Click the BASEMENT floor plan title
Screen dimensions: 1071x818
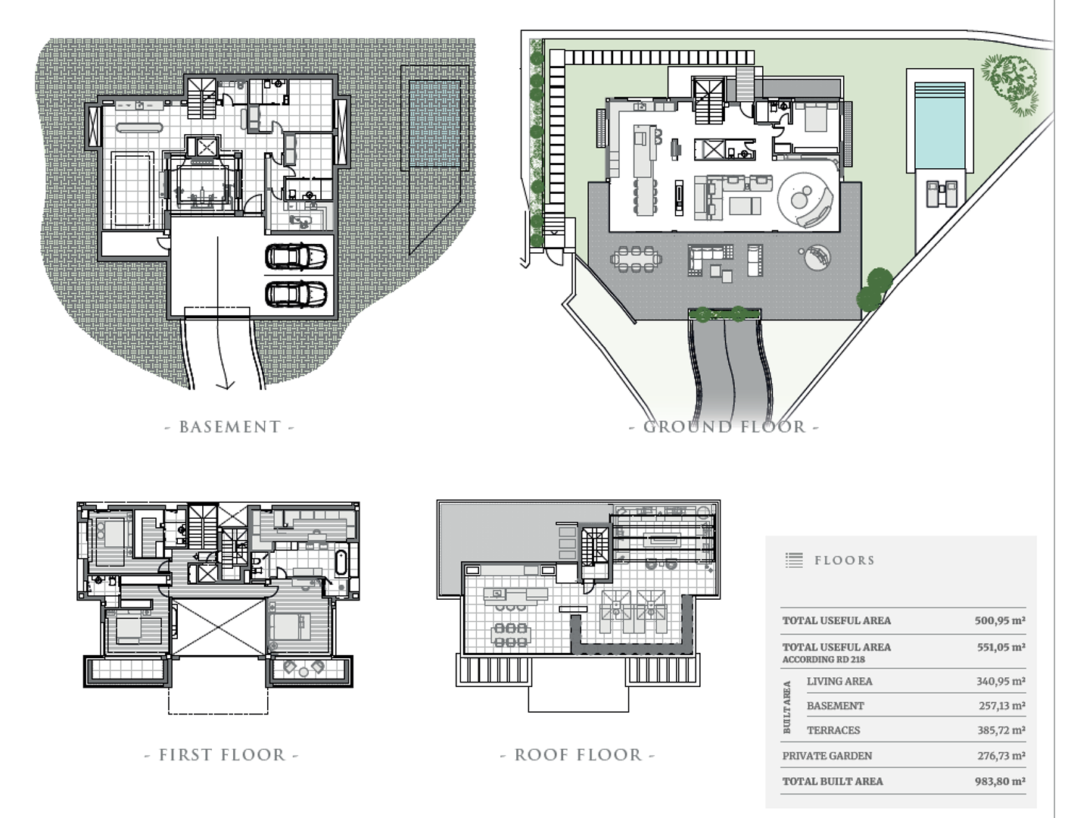[229, 427]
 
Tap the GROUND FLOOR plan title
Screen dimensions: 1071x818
[724, 427]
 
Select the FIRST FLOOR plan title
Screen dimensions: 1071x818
[222, 755]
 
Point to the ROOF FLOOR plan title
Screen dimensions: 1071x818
[578, 755]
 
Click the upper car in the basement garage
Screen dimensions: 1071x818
[296, 256]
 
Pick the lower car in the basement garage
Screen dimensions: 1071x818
[296, 294]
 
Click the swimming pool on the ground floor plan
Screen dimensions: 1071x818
[939, 126]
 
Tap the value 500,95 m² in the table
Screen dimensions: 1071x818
[1000, 620]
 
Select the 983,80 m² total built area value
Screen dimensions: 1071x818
[1000, 781]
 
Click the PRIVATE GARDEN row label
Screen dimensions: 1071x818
[827, 756]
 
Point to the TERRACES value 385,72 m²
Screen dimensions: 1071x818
[1001, 730]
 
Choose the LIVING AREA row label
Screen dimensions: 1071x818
[839, 681]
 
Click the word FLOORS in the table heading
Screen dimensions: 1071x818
[845, 560]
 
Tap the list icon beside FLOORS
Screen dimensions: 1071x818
[794, 560]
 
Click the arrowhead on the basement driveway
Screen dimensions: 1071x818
[226, 386]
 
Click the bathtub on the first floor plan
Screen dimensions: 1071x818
[341, 563]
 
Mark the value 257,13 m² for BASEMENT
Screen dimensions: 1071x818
[1001, 705]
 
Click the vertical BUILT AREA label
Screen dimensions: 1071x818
[786, 707]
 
